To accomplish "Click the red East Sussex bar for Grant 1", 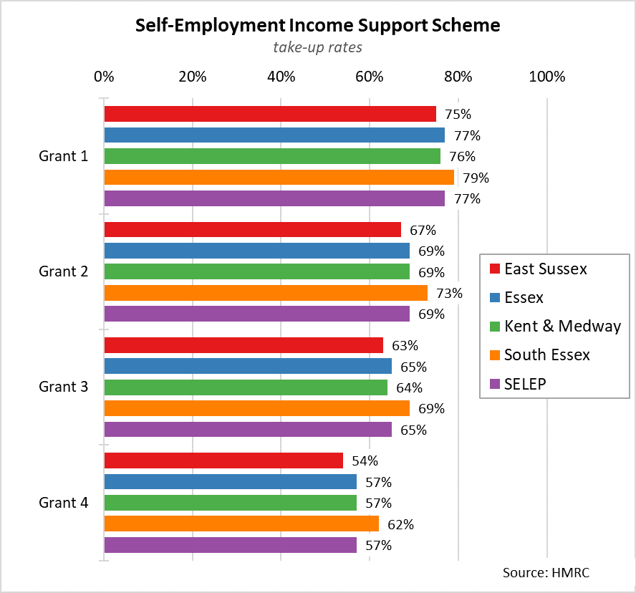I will pyautogui.click(x=270, y=114).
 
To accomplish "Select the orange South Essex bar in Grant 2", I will pyautogui.click(x=266, y=293).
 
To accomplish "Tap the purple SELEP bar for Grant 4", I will pyautogui.click(x=230, y=545).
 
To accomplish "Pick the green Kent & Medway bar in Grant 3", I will pyautogui.click(x=246, y=387).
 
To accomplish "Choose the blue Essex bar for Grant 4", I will pyautogui.click(x=230, y=482).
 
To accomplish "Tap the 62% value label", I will pyautogui.click(x=400, y=524).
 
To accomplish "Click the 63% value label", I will pyautogui.click(x=404, y=345).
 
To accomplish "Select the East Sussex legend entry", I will pyautogui.click(x=545, y=269).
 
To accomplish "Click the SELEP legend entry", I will pyautogui.click(x=525, y=384).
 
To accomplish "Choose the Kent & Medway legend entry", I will pyautogui.click(x=562, y=327).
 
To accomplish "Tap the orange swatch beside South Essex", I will pyautogui.click(x=493, y=355).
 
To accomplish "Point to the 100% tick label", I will pyautogui.click(x=547, y=77).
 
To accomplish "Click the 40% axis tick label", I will pyautogui.click(x=281, y=77).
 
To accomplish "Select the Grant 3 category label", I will pyautogui.click(x=64, y=387).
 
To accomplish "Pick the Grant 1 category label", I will pyautogui.click(x=64, y=156).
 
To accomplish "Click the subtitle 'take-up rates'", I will pyautogui.click(x=317, y=47).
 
